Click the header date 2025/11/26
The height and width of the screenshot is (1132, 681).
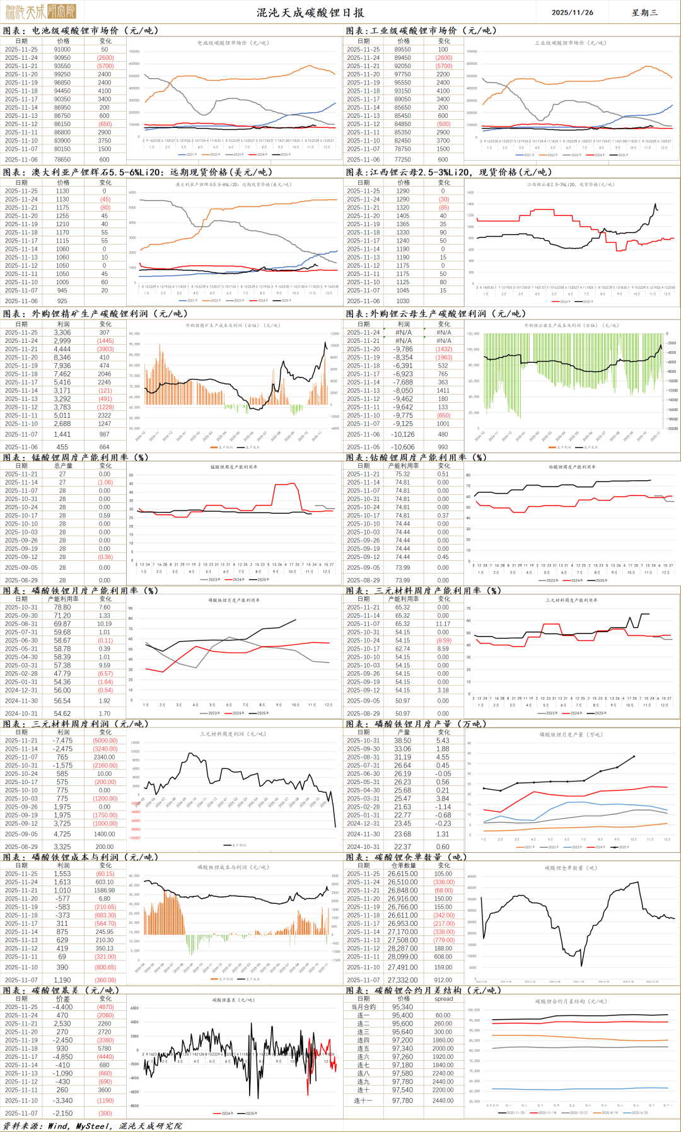click(x=572, y=12)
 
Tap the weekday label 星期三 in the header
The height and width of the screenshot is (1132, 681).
click(x=644, y=12)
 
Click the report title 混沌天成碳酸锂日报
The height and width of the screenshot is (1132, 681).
click(x=310, y=12)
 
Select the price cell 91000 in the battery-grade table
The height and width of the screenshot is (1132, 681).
click(x=62, y=49)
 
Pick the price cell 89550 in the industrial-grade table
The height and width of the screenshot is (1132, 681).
click(x=402, y=49)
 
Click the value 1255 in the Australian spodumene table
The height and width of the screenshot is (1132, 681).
click(x=62, y=216)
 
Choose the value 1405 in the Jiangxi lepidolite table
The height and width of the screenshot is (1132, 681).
click(x=402, y=216)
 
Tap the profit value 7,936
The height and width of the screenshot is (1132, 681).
click(x=62, y=366)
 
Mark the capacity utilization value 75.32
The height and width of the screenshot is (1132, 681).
click(x=402, y=474)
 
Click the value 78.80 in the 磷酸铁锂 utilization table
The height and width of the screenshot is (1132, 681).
click(x=62, y=608)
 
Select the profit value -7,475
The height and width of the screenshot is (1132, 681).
click(x=62, y=741)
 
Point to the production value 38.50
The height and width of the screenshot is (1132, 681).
click(x=402, y=741)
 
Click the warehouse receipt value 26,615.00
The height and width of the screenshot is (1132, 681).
click(x=402, y=874)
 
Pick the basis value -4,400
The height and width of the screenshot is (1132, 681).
click(x=62, y=1007)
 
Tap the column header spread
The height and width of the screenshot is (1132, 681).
click(x=443, y=998)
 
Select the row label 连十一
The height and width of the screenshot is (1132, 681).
click(x=363, y=1100)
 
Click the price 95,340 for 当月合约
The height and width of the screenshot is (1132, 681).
click(x=402, y=1007)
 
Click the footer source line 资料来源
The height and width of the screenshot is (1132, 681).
click(x=92, y=1126)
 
